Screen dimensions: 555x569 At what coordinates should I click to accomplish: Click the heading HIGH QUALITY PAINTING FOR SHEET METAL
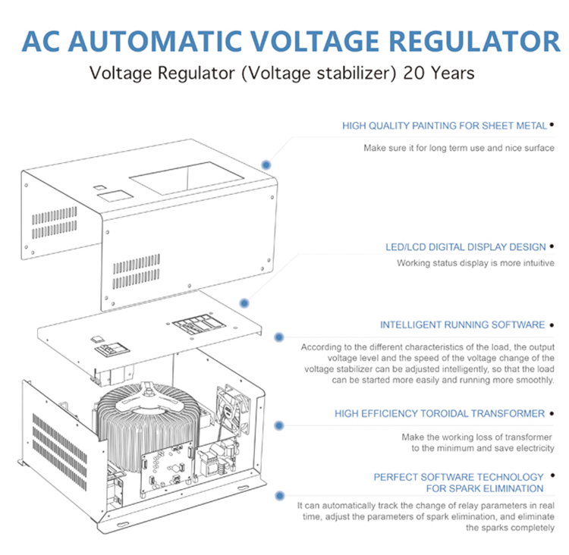click(443, 125)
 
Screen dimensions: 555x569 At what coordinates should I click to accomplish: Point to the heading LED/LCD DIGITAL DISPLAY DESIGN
click(465, 246)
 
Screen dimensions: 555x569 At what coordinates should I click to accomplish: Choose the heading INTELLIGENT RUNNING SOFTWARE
click(462, 325)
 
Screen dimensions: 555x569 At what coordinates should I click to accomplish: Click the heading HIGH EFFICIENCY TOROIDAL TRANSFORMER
click(439, 413)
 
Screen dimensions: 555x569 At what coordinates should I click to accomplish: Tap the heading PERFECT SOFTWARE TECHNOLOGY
click(458, 477)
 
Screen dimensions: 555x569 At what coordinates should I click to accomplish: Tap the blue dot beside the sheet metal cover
click(266, 165)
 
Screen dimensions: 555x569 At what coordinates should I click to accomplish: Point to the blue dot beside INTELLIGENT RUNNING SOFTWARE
click(280, 336)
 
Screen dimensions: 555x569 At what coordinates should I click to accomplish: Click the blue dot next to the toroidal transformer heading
click(279, 426)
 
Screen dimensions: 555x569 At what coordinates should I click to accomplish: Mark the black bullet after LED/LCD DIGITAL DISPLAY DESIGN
click(552, 246)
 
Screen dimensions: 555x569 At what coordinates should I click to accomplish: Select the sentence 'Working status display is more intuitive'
click(475, 263)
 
